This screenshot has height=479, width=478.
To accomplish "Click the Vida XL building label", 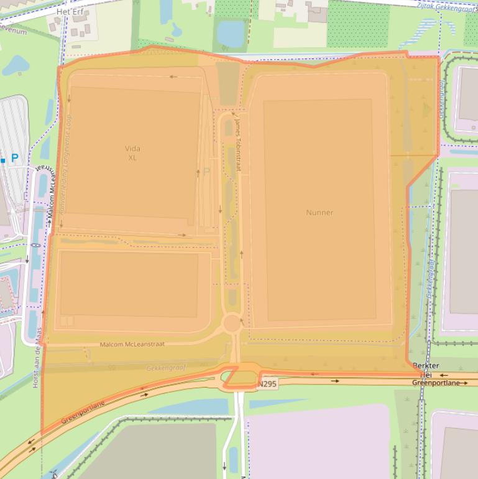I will (x=132, y=153).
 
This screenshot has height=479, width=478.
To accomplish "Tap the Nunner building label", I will (x=319, y=213).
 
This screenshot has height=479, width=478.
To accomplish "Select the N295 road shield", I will (x=267, y=384).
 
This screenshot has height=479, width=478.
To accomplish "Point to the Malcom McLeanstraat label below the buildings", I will (x=132, y=344).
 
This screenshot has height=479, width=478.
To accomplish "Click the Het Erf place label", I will (x=70, y=12).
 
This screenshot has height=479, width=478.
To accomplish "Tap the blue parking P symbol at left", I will (x=14, y=159).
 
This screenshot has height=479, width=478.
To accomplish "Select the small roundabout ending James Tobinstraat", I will (x=232, y=323).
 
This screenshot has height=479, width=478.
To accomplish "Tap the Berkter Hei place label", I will (x=426, y=370).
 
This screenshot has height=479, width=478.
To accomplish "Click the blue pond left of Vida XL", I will (x=15, y=65).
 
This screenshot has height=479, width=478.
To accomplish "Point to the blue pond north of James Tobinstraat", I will (x=231, y=34).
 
